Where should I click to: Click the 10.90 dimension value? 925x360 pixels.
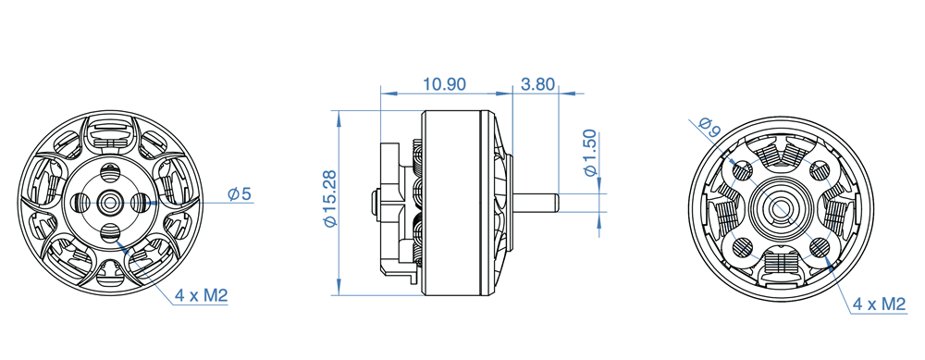(x=445, y=84)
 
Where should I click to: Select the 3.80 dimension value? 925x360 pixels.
(x=537, y=84)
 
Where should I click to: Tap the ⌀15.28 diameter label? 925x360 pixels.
(x=329, y=198)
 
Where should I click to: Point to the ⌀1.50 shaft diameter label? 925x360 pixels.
(x=590, y=154)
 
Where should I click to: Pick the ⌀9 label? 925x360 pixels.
(x=708, y=128)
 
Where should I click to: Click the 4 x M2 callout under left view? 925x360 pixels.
(x=201, y=295)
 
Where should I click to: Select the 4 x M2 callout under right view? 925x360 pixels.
(x=879, y=304)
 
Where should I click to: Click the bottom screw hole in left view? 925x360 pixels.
(x=110, y=232)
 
